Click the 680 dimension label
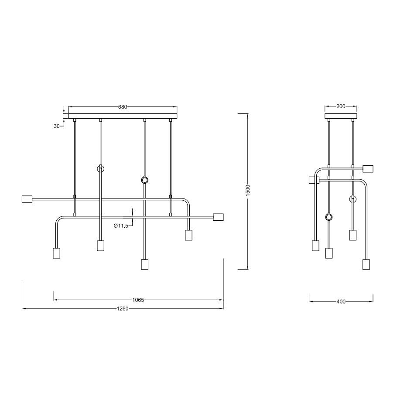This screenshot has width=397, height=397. pyautogui.click(x=123, y=107)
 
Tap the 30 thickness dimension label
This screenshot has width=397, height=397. pyautogui.click(x=56, y=126)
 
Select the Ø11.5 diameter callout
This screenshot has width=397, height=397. pyautogui.click(x=121, y=226)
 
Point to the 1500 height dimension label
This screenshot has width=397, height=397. pyautogui.click(x=248, y=190)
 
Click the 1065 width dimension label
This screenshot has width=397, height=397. pyautogui.click(x=138, y=300)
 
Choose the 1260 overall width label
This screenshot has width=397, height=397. pyautogui.click(x=123, y=308)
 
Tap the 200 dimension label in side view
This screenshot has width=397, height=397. pyautogui.click(x=341, y=106)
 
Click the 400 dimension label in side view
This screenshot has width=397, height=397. pyautogui.click(x=341, y=301)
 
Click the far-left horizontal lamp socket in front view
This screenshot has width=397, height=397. pyautogui.click(x=27, y=199)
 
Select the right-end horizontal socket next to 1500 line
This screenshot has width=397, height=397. pyautogui.click(x=218, y=217)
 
